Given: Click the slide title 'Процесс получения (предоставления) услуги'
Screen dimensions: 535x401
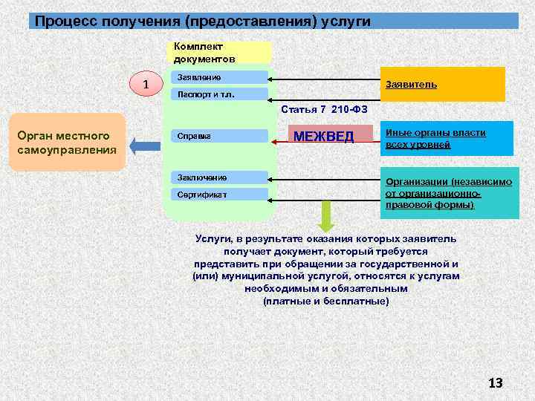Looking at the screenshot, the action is pos(202,21).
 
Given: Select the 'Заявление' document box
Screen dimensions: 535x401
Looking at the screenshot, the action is pos(218,76).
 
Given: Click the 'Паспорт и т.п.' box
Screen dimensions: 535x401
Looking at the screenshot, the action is pos(218,94).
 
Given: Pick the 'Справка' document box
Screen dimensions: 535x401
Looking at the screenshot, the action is pos(218,136).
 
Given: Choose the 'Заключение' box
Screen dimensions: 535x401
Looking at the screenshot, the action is pos(218,177).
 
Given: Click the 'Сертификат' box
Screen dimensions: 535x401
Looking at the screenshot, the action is pos(218,195).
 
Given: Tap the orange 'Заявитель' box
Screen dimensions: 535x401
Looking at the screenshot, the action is pos(442,85).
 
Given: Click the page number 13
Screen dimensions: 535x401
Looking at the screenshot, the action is pos(495,382).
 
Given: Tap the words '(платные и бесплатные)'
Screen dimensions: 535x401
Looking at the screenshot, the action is pos(326,301).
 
